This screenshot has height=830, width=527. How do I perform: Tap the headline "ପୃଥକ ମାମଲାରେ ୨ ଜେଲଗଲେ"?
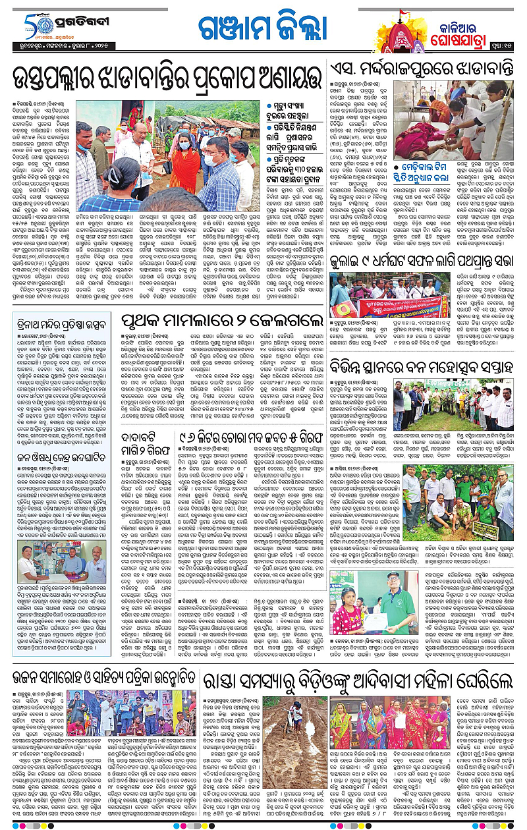(x=217, y=322)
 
